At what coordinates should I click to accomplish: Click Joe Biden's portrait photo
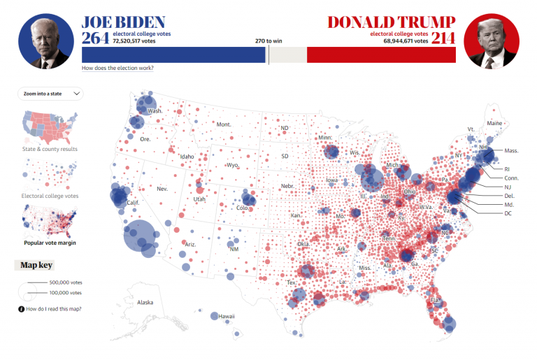pos(45,41)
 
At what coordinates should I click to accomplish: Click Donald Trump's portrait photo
pos(491,41)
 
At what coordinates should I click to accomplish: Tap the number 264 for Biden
pos(96,38)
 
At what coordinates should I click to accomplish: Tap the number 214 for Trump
pos(443,38)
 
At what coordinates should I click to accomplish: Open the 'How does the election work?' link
pos(117,68)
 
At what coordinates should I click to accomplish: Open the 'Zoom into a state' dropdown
pos(52,93)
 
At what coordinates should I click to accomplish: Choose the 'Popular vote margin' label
pos(50,243)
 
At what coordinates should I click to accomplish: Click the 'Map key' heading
pos(36,265)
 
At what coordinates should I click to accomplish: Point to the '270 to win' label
pos(268,41)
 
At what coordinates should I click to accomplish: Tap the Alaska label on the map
pos(145,302)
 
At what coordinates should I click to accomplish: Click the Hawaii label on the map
pos(226,316)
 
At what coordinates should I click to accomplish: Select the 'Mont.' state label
pos(224,124)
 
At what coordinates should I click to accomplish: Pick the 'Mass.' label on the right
pos(511,150)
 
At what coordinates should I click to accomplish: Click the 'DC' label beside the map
pos(508,213)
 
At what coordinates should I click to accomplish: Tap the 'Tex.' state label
pos(291,282)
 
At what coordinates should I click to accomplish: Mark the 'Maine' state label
pos(494,123)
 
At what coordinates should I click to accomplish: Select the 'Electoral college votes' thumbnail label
pos(50,196)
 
